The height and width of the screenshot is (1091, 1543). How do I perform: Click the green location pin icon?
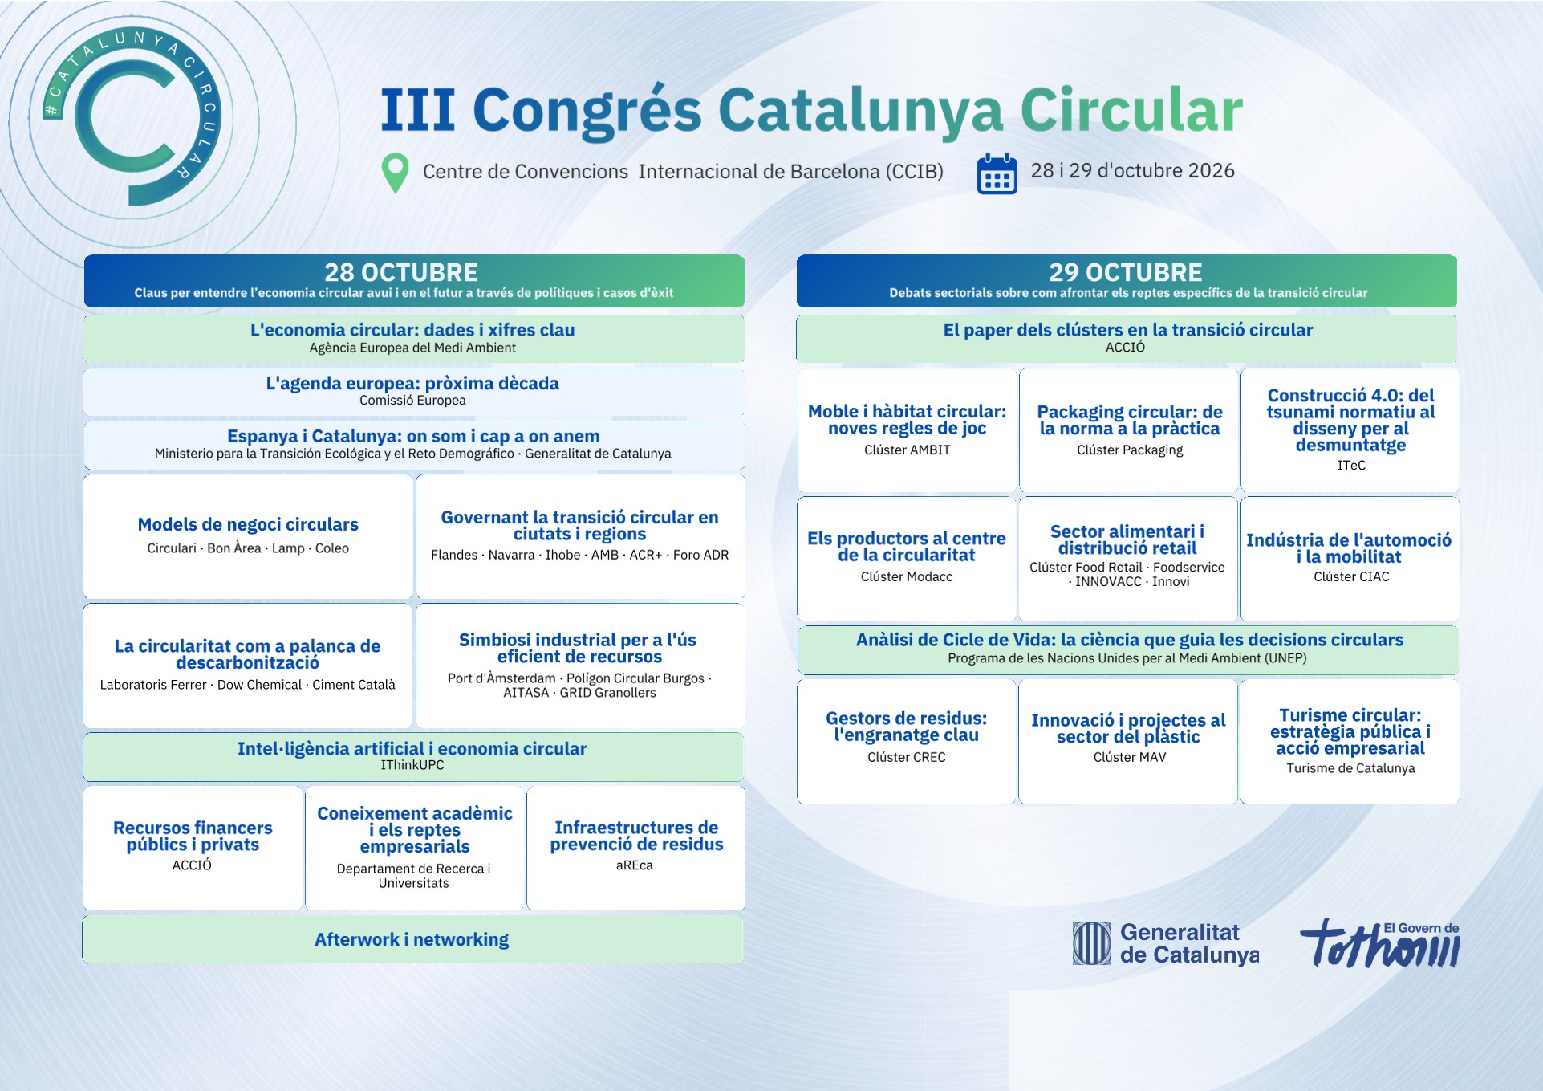tap(395, 172)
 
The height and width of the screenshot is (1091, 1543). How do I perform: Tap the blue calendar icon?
tap(997, 173)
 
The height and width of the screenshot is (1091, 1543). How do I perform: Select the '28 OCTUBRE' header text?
tap(401, 272)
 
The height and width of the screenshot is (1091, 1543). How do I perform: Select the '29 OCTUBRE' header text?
tap(1126, 272)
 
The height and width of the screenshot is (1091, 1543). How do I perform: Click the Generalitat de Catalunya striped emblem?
tap(1092, 943)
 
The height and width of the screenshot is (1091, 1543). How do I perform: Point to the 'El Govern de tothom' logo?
tap(1380, 942)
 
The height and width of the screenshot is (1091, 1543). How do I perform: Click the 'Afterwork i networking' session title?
tap(412, 939)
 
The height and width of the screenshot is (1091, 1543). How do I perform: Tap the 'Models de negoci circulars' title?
tap(248, 524)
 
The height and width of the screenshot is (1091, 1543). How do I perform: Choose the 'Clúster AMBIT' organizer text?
tap(908, 450)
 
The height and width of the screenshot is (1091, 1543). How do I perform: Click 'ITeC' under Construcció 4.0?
tap(1351, 466)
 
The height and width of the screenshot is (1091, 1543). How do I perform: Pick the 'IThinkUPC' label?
tap(412, 765)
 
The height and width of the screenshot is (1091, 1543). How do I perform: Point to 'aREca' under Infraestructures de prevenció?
tap(635, 865)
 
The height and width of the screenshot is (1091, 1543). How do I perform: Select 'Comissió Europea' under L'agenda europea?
tap(412, 401)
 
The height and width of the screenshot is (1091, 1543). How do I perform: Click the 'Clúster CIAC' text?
tap(1351, 577)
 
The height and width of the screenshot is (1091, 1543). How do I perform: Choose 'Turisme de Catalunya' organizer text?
tap(1351, 768)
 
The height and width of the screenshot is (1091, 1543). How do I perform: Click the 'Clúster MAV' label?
tap(1130, 757)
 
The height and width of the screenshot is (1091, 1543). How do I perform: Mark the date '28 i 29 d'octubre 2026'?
tap(1132, 171)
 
